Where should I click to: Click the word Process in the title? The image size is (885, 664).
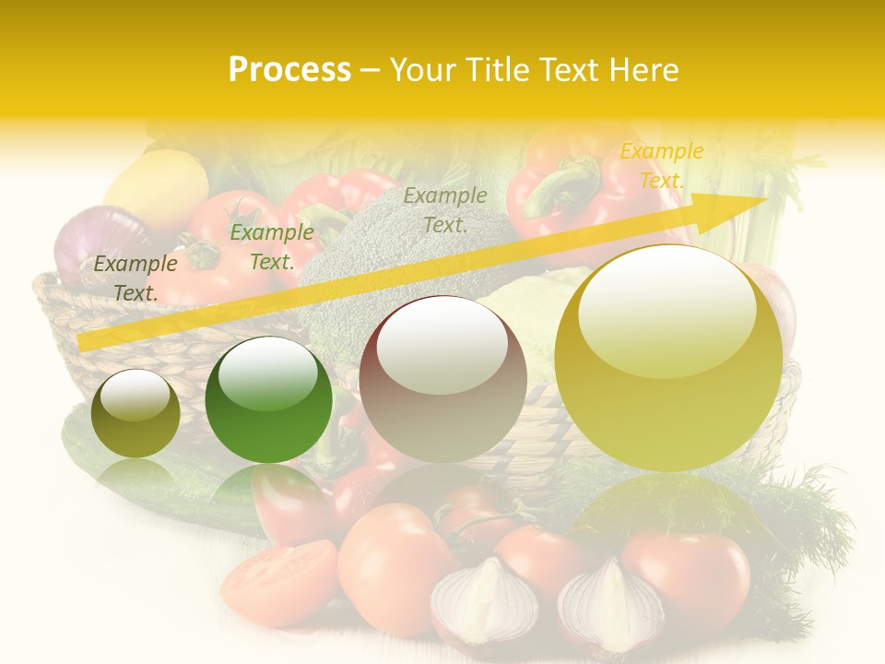click(x=289, y=70)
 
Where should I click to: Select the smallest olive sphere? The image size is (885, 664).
click(x=136, y=413)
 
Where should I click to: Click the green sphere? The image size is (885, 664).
click(x=268, y=400)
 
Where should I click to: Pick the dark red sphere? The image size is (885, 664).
click(x=442, y=379)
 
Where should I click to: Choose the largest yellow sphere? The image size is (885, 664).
click(x=668, y=358)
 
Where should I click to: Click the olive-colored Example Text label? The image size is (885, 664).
click(x=136, y=278)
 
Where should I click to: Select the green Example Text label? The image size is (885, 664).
click(x=271, y=247)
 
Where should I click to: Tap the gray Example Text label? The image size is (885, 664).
click(x=445, y=209)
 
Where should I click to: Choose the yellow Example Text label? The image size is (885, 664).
click(x=661, y=166)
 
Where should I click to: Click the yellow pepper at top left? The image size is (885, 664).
click(x=157, y=189)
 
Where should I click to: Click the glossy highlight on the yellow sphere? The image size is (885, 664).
click(x=667, y=309)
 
